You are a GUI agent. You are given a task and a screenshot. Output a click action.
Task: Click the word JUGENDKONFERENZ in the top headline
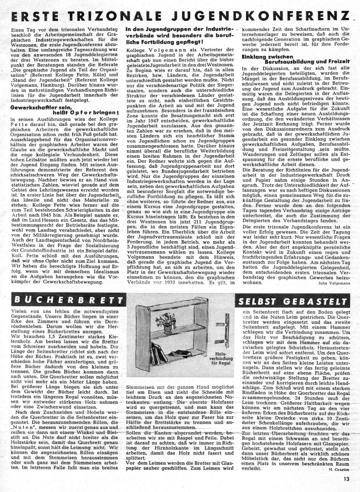pyautogui.click(x=264, y=17)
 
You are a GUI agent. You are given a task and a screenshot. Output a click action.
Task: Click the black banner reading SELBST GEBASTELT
pyautogui.click(x=292, y=301)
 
